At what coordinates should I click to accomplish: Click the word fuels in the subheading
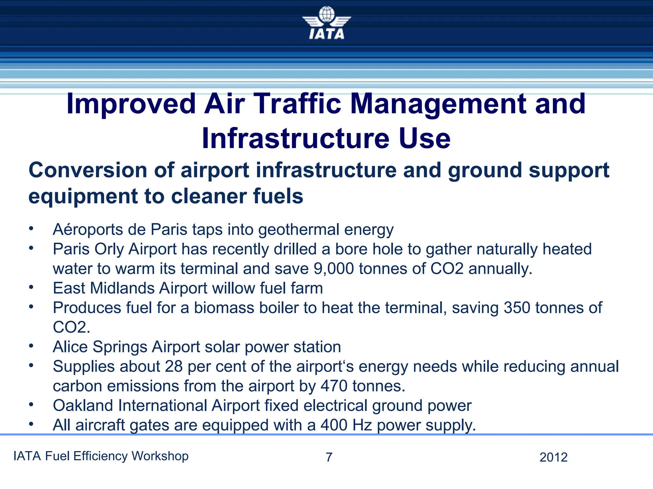click(278, 196)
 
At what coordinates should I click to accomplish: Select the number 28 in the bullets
click(173, 366)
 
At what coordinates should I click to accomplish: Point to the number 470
click(334, 386)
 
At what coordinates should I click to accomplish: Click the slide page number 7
click(329, 457)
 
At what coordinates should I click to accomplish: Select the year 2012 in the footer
click(554, 457)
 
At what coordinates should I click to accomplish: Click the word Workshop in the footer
click(160, 456)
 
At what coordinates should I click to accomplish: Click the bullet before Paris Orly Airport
click(31, 248)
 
